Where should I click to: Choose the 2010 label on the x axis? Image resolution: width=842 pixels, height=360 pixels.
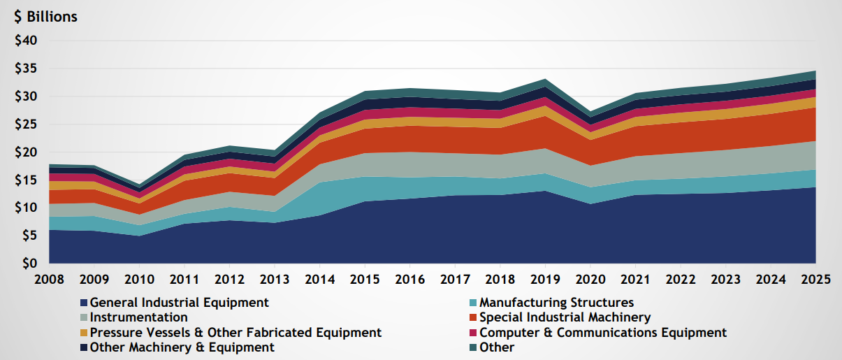139,279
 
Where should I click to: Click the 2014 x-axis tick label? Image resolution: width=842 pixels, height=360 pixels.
319,279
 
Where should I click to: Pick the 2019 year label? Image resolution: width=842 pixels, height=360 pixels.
546,279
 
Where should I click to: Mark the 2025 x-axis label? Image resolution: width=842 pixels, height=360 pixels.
816,279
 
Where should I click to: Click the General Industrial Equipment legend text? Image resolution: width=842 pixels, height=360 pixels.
180,303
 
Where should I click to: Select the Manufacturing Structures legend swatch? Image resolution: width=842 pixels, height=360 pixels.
473,303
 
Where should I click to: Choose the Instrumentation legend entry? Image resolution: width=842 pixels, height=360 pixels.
139,318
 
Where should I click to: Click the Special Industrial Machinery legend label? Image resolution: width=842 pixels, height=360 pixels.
565,318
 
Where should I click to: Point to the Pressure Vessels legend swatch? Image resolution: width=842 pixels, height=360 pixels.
84,333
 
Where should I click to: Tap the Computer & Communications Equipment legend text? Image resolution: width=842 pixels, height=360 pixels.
603,333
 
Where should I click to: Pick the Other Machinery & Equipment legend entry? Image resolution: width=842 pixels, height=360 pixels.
182,347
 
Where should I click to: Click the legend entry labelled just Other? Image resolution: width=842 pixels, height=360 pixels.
497,347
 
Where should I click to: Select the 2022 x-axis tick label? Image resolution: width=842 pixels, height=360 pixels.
681,279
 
